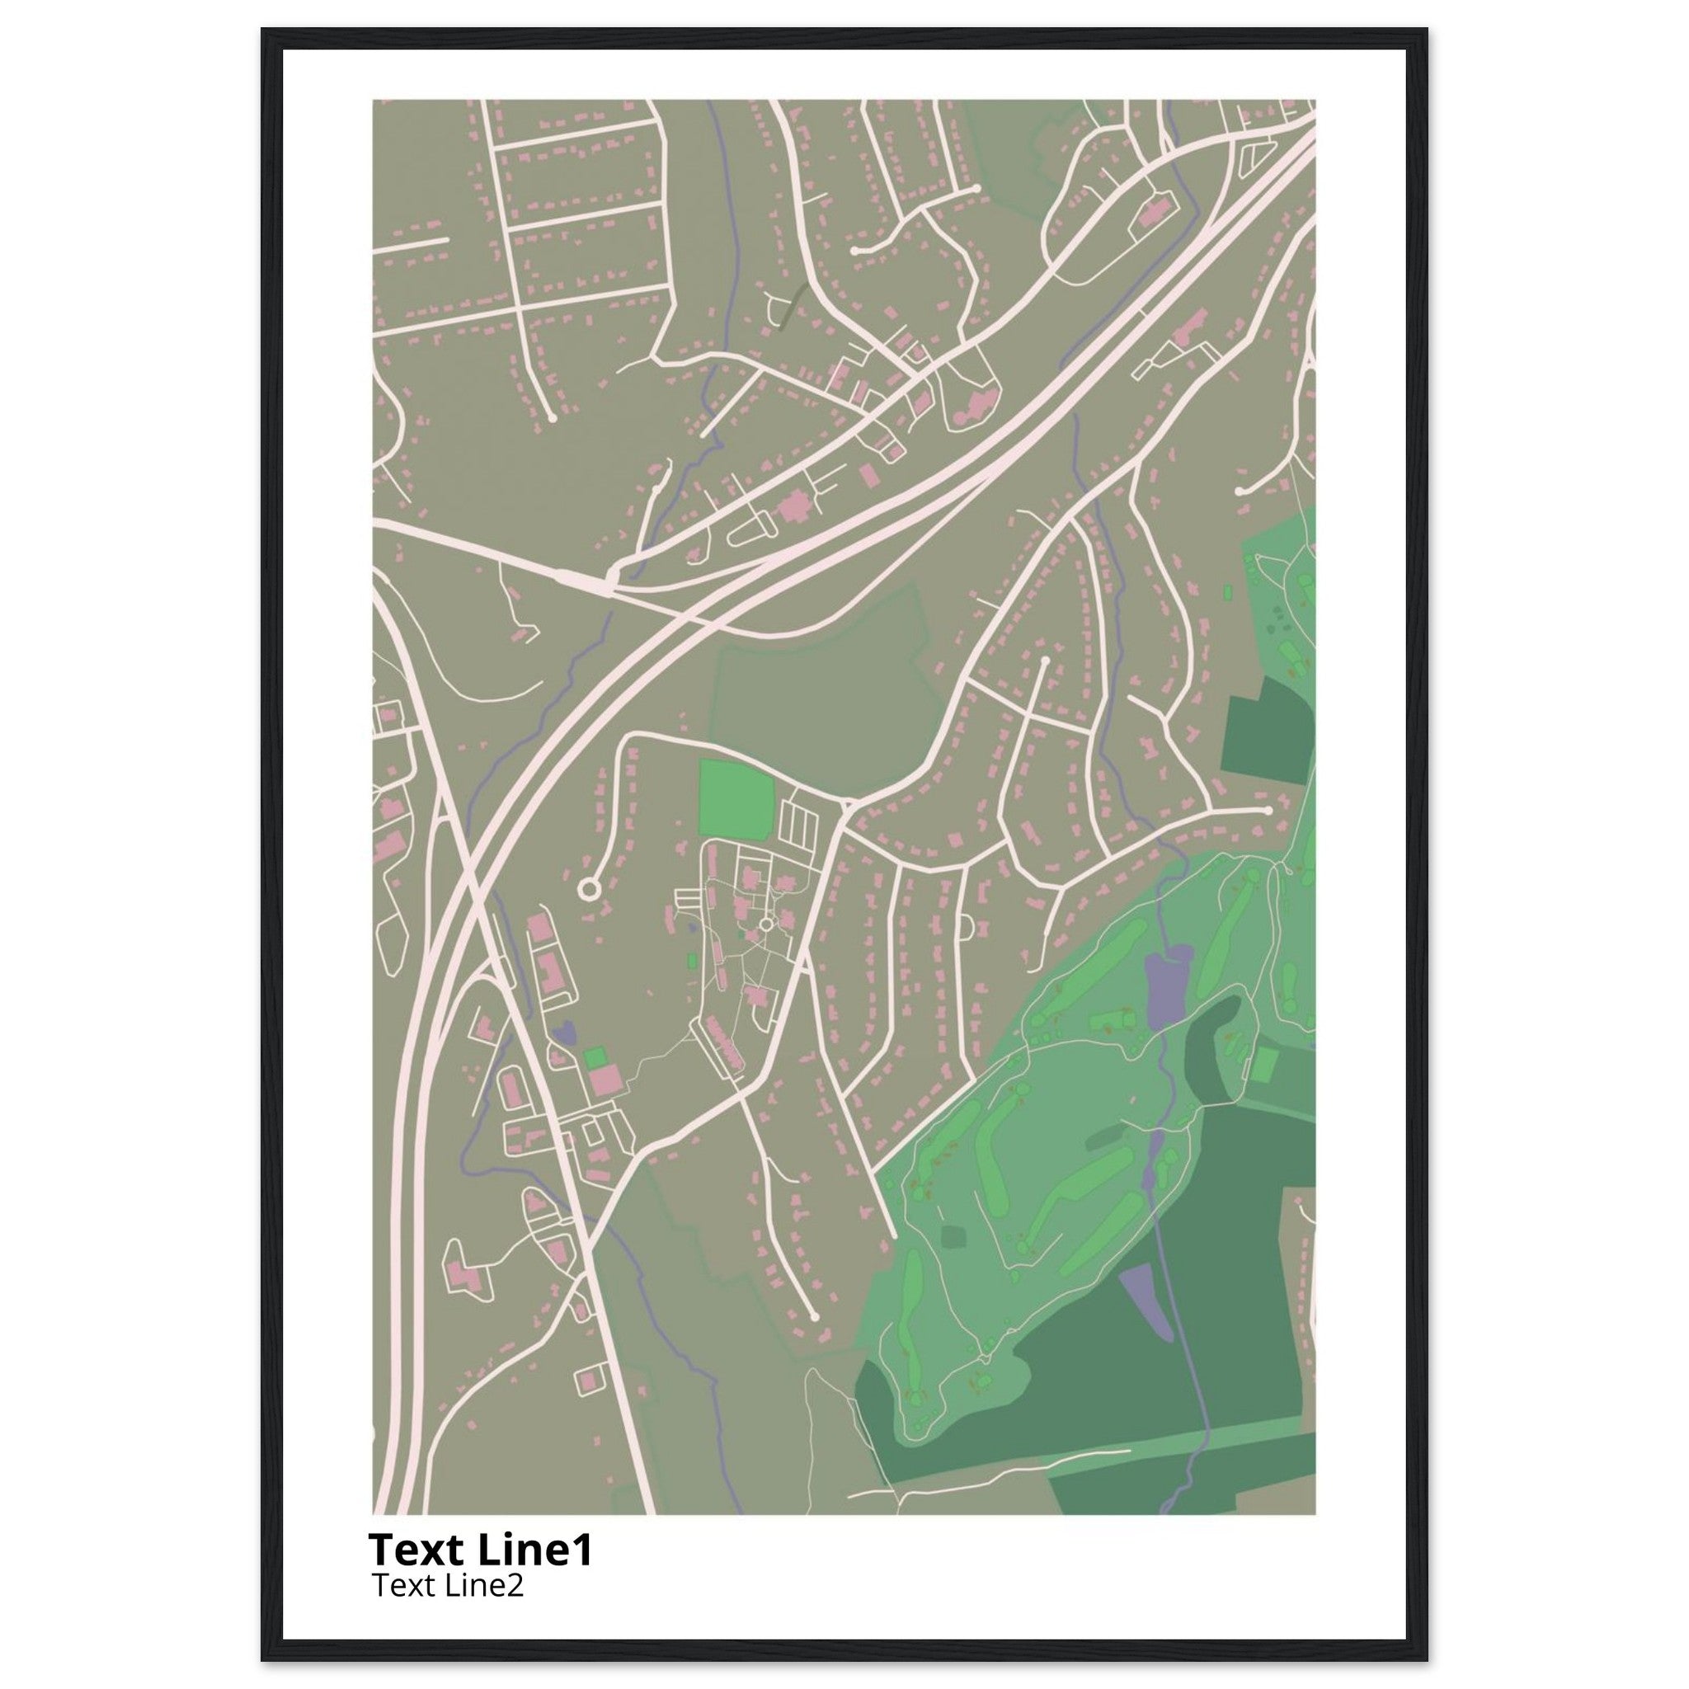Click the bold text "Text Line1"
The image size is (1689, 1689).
(481, 1550)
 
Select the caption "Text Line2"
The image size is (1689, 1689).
(448, 1585)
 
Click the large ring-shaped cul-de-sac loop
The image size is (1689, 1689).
(588, 889)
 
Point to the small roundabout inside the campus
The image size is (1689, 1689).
(767, 923)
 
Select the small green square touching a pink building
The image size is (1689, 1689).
(595, 1057)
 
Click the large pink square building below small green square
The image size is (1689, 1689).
(604, 1080)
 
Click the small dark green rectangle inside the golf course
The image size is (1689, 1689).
(952, 1237)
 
